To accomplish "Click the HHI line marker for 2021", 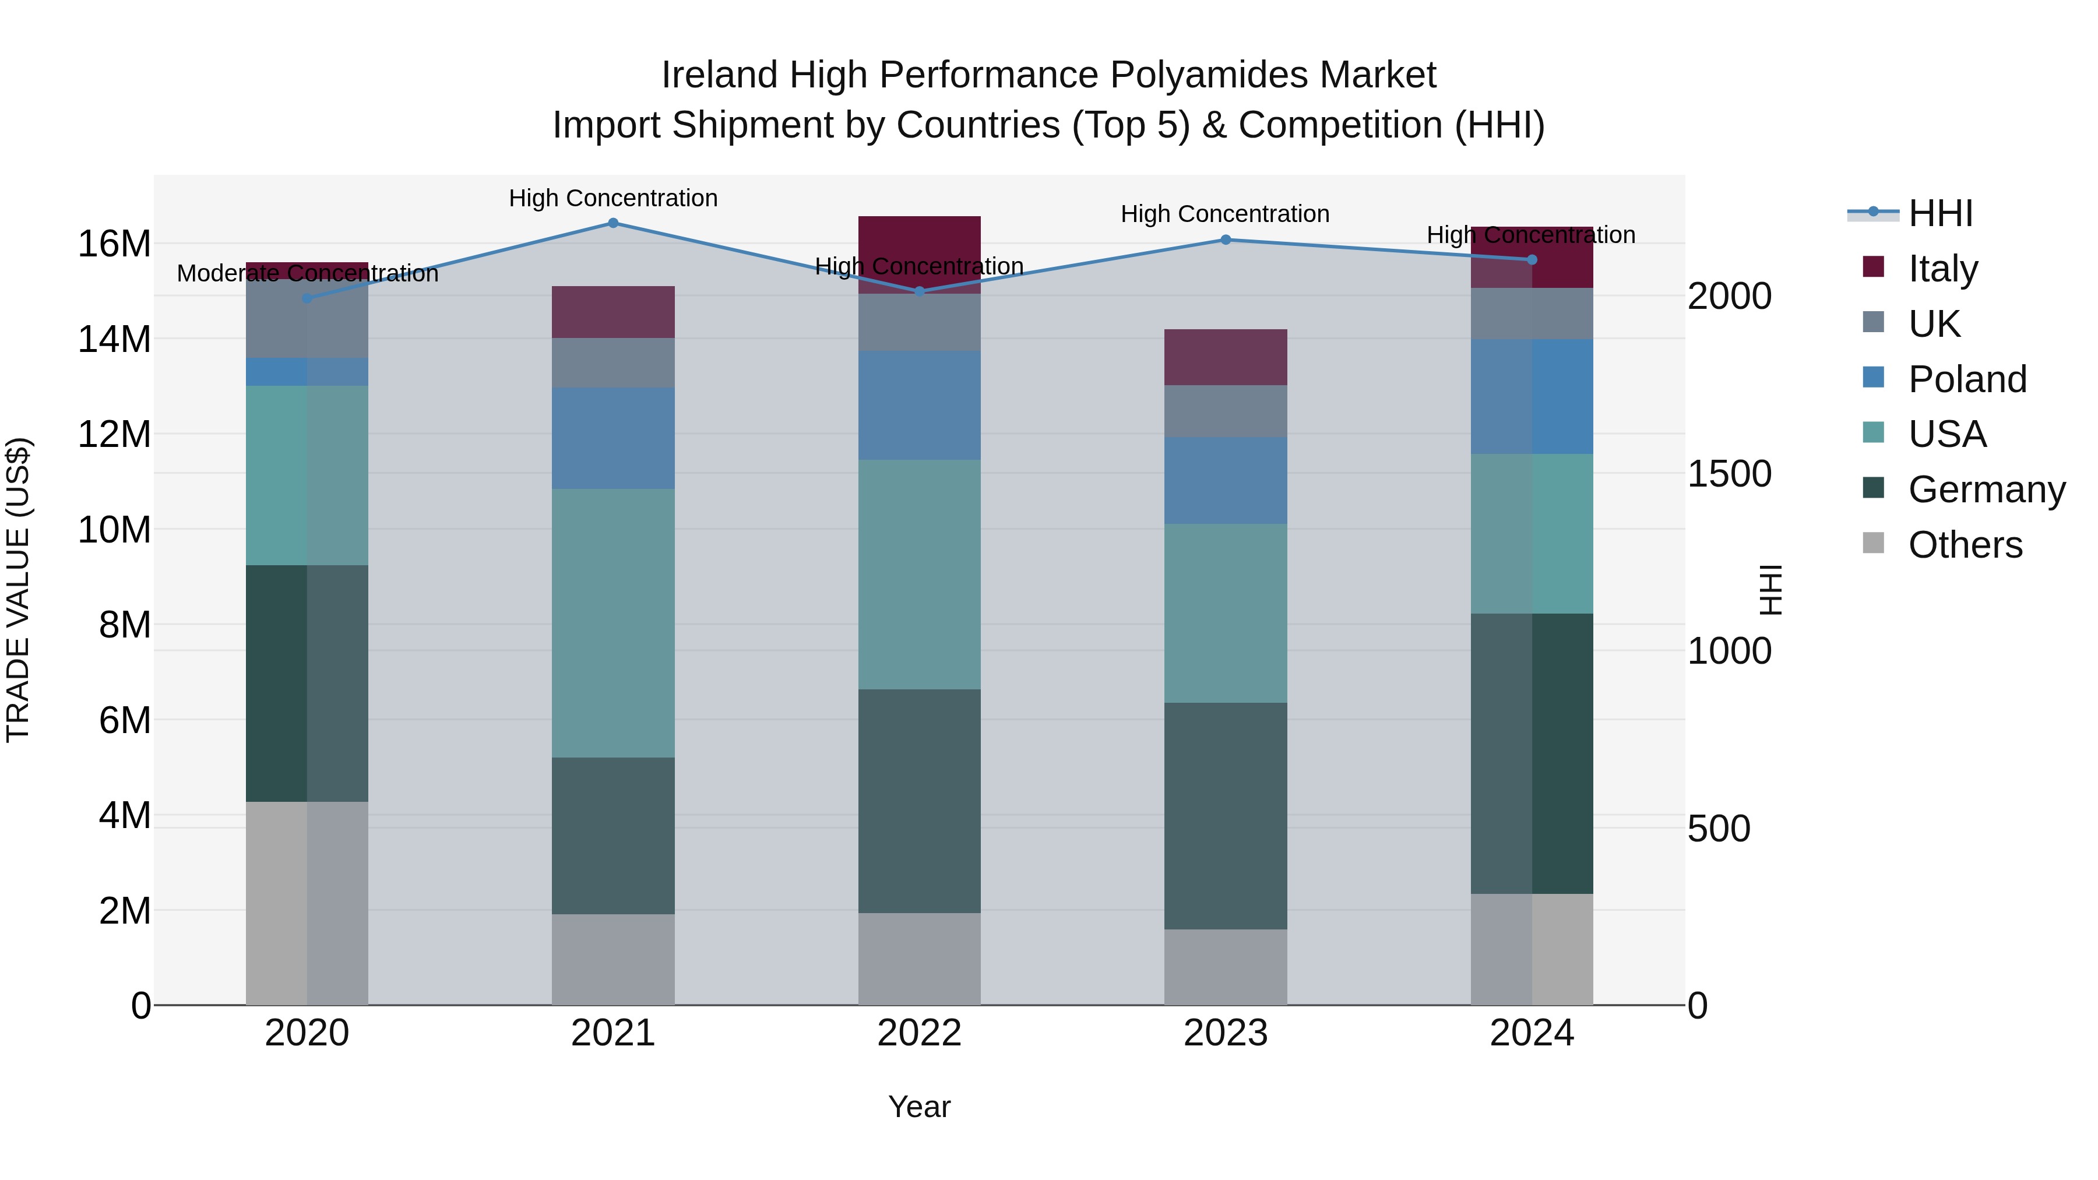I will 613,223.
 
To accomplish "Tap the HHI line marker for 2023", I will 1226,239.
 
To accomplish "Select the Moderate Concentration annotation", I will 307,274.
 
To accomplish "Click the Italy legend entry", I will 1942,268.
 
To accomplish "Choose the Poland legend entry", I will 1967,379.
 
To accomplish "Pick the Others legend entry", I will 1965,544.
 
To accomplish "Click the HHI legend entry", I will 1940,213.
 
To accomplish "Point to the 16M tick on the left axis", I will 114,244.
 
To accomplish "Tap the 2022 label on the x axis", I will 920,1033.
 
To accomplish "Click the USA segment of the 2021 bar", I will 613,623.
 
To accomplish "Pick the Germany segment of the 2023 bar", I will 1226,815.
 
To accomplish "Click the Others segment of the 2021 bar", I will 613,959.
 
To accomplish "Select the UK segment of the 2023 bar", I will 1226,411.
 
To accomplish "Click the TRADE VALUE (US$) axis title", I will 18,590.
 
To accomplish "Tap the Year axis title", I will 920,1107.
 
